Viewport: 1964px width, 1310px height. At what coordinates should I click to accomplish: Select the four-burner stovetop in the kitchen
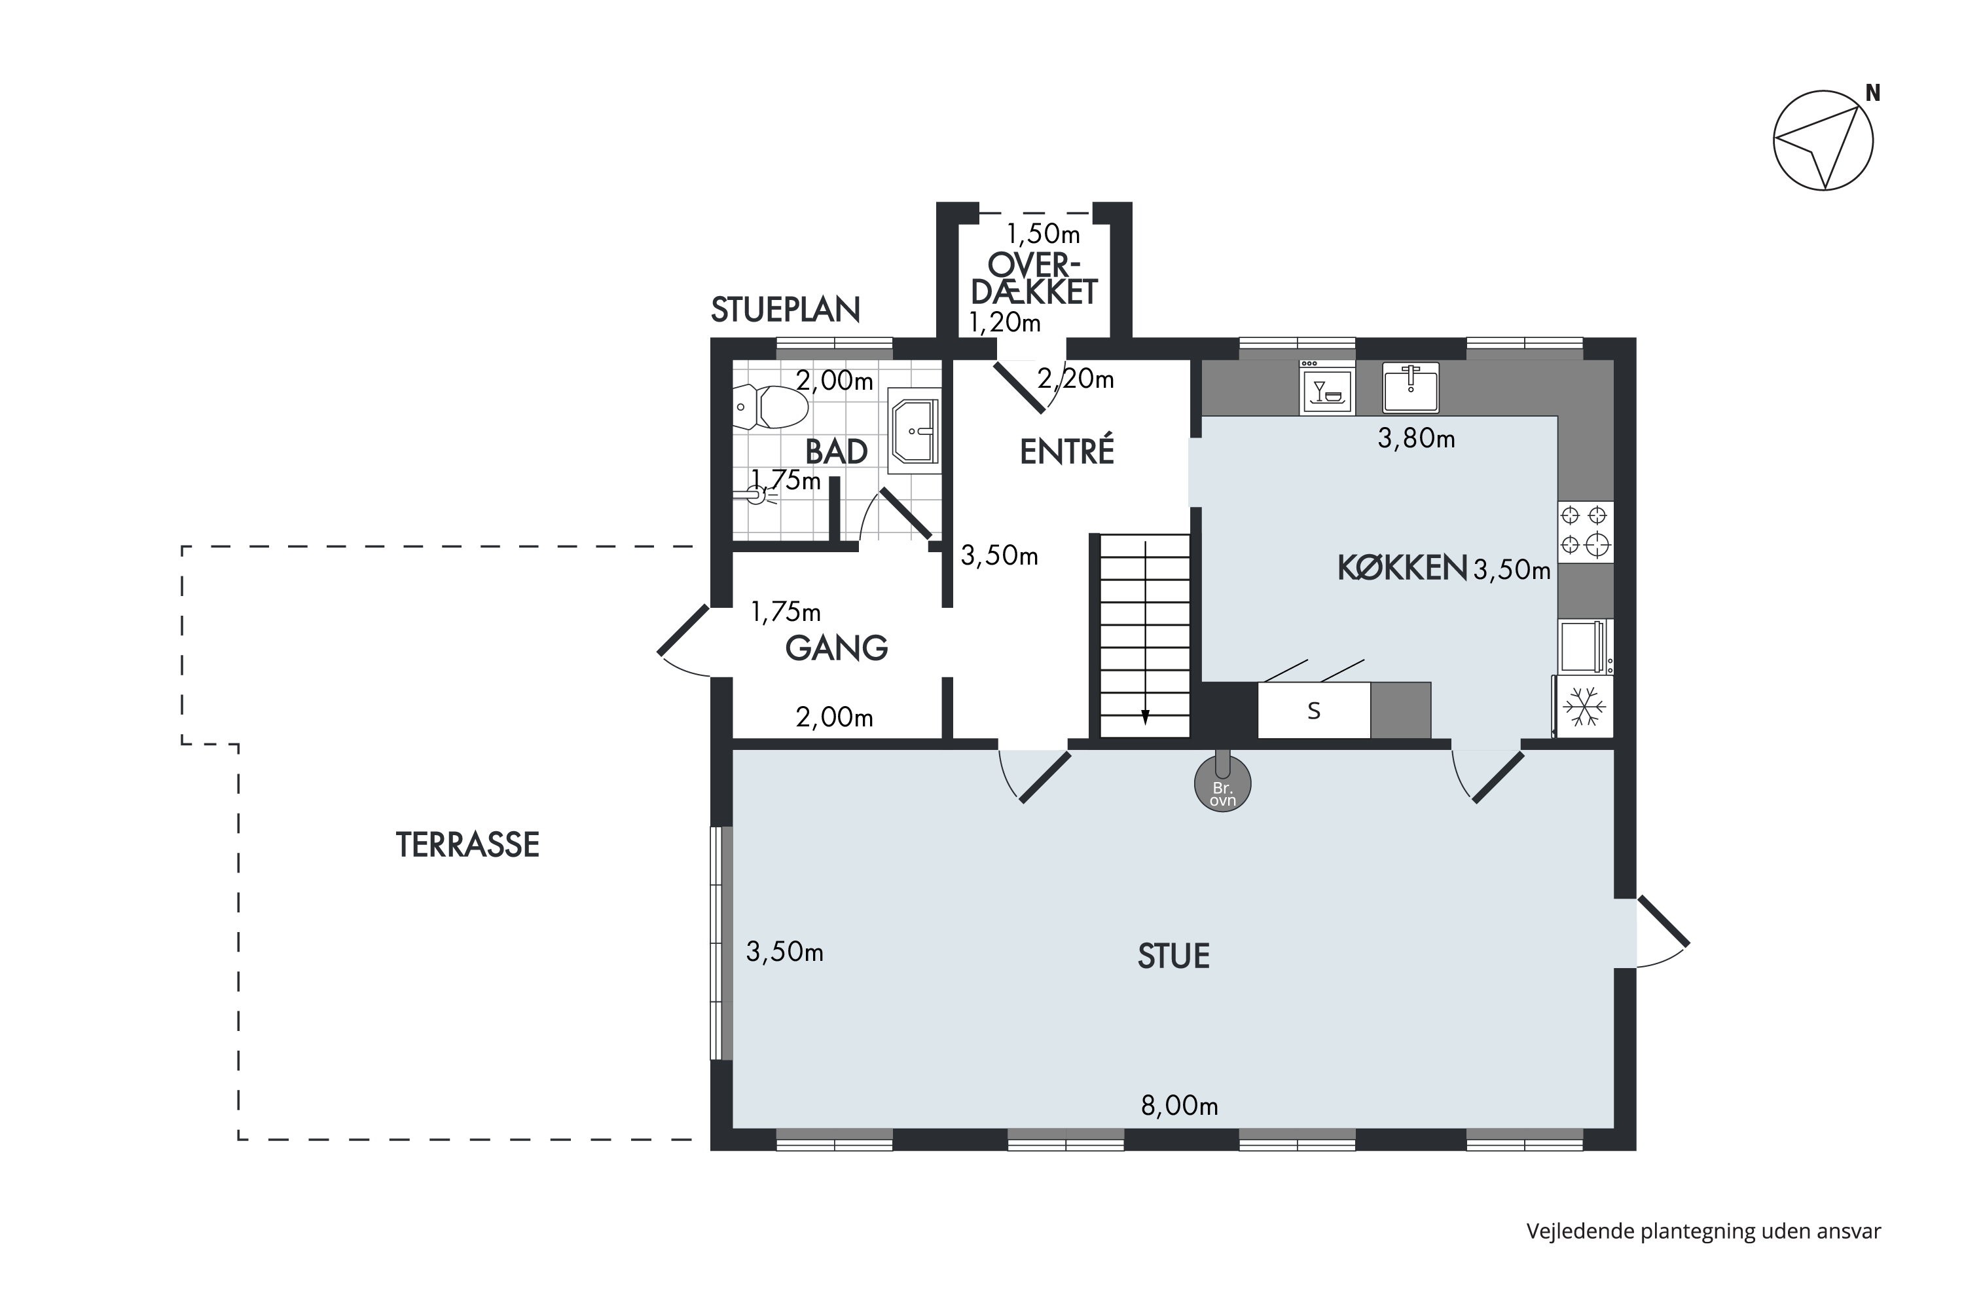coord(1585,531)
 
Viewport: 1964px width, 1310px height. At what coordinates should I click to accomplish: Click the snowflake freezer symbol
coord(1584,707)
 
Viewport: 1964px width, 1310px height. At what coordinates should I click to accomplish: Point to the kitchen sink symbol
coord(1410,388)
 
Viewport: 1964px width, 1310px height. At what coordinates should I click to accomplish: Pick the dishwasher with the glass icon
coord(1327,388)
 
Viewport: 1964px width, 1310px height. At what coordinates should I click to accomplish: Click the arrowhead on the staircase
coord(1146,717)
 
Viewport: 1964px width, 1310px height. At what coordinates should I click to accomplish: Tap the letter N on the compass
coord(1873,94)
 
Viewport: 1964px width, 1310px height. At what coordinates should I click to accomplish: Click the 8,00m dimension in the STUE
coord(1179,1106)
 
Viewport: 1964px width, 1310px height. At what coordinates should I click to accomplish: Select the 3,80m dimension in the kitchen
coord(1416,438)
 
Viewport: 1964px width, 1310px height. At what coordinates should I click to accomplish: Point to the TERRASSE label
coord(467,846)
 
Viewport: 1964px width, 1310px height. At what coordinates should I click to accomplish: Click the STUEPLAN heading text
coord(785,310)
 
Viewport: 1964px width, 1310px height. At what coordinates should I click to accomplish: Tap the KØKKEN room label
coord(1402,568)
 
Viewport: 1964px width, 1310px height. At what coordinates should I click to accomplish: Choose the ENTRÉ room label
coord(1067,451)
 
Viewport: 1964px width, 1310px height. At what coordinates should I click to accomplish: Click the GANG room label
coord(837,648)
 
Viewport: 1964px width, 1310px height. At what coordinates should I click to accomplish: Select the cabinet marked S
coord(1313,711)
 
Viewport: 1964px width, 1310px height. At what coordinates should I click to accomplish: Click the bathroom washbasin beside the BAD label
coord(915,431)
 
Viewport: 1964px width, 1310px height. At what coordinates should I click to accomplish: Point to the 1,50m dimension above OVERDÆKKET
coord(1043,233)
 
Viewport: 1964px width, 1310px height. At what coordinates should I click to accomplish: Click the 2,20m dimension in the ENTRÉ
coord(1076,379)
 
